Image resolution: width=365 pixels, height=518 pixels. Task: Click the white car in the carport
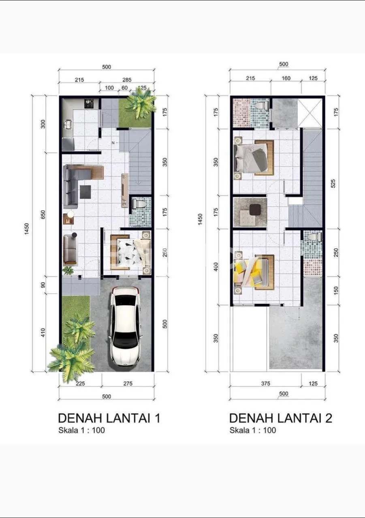(125, 326)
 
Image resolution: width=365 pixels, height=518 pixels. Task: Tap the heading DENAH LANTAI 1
(109, 418)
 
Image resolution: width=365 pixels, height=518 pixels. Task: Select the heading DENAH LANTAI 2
(281, 418)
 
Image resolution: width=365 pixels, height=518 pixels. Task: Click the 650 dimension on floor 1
(43, 214)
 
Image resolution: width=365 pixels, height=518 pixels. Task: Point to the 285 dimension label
(127, 80)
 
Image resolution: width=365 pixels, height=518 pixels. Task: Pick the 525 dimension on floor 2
(333, 183)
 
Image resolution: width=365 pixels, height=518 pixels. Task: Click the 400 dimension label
(216, 267)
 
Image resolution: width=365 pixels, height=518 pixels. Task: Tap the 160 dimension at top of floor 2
(286, 78)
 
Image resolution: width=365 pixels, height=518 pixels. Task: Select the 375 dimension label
(265, 383)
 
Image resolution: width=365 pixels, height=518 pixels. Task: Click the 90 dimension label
(43, 285)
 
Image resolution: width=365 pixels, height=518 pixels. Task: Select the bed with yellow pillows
(254, 272)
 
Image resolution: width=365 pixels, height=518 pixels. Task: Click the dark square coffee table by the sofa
(85, 192)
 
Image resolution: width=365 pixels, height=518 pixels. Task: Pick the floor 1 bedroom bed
(130, 252)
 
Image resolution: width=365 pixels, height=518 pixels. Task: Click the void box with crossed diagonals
(310, 113)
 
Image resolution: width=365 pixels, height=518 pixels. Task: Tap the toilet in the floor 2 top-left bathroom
(261, 105)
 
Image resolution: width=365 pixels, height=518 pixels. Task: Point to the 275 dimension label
(128, 383)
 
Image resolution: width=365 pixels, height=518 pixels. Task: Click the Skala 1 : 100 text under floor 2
(253, 430)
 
